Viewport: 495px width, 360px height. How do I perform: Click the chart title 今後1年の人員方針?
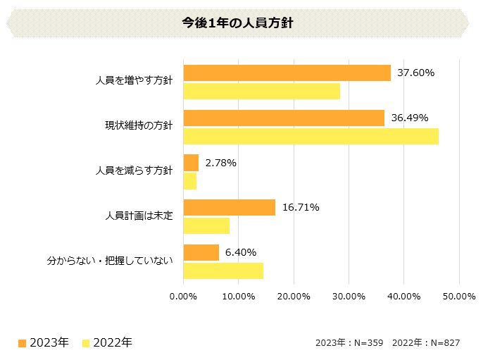[x=237, y=23]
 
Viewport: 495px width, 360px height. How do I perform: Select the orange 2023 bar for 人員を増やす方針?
[x=287, y=73]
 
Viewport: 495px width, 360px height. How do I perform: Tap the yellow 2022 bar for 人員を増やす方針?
[x=261, y=91]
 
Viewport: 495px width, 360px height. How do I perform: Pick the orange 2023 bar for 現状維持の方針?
[x=284, y=118]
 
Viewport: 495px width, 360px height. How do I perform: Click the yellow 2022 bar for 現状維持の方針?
[x=311, y=136]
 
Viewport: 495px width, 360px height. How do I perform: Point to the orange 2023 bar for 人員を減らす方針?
[x=191, y=163]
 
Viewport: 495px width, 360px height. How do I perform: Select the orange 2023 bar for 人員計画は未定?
[x=229, y=207]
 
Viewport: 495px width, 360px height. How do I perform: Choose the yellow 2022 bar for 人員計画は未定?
[x=206, y=225]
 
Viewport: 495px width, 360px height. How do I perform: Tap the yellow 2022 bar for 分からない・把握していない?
[x=223, y=271]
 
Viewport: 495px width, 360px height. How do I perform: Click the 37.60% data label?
[x=415, y=73]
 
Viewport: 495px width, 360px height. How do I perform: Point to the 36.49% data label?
[x=409, y=118]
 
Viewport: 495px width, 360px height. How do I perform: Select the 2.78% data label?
[x=220, y=163]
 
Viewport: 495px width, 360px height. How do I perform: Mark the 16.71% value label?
[x=301, y=207]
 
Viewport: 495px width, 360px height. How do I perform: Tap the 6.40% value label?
[x=240, y=252]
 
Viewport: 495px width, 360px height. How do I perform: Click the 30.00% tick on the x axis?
[x=349, y=296]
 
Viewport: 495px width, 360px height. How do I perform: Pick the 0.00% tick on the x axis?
[x=183, y=296]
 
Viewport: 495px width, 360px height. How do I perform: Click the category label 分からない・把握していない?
[x=110, y=261]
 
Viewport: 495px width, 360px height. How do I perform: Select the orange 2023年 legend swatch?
[x=23, y=343]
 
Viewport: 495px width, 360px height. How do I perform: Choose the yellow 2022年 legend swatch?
[x=86, y=343]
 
